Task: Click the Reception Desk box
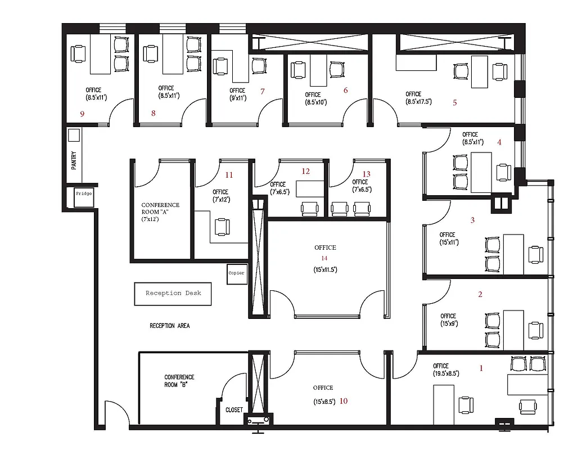(x=173, y=294)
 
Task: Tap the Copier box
(x=237, y=273)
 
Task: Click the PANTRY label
(x=74, y=160)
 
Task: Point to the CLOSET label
(x=234, y=410)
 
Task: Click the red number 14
(x=324, y=258)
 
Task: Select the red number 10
(x=344, y=401)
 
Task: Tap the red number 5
(x=454, y=103)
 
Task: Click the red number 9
(x=82, y=114)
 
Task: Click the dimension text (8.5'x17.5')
(x=418, y=102)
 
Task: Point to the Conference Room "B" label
(x=179, y=381)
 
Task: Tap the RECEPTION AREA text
(x=169, y=326)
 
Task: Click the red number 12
(x=306, y=172)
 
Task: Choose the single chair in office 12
(x=310, y=209)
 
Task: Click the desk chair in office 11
(x=223, y=226)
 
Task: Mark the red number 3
(x=472, y=220)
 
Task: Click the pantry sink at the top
(x=74, y=136)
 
